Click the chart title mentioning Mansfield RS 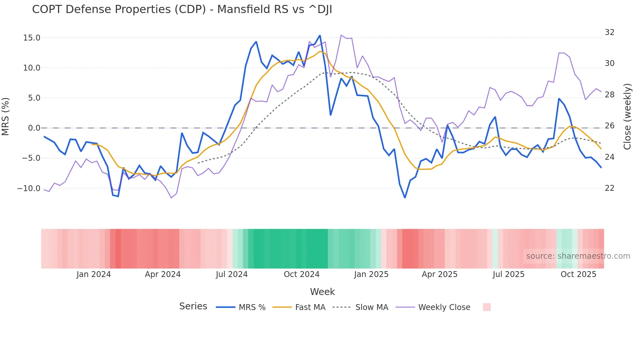[x=182, y=9]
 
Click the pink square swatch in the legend [x=487, y=307]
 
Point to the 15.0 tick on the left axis [x=32, y=38]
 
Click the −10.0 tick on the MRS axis [x=29, y=188]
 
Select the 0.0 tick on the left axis [x=34, y=128]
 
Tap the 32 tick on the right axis [x=609, y=32]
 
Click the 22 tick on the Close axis [x=609, y=188]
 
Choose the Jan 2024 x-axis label [x=94, y=274]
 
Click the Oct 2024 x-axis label [x=301, y=274]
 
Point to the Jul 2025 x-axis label [x=508, y=274]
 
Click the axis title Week [x=322, y=292]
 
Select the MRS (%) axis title [x=6, y=116]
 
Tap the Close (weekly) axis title [x=627, y=117]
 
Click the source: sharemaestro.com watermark [x=578, y=256]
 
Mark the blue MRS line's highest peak [x=320, y=36]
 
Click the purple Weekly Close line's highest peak [x=341, y=35]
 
